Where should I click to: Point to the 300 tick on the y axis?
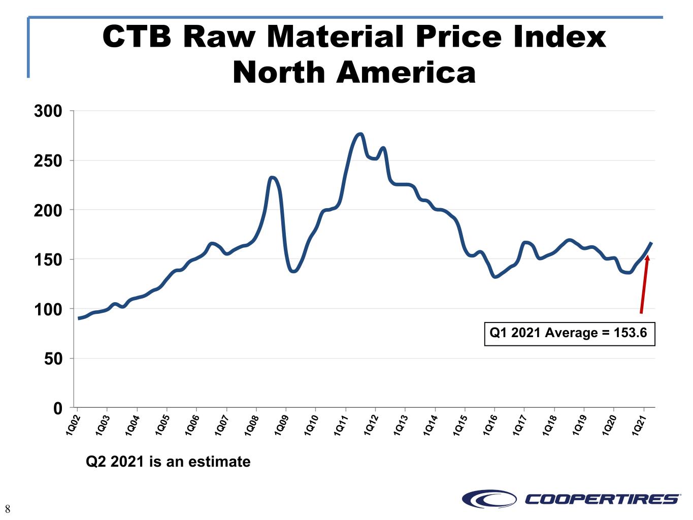[x=48, y=111]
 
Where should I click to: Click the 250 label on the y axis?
[x=48, y=160]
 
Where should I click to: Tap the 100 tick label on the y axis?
[x=48, y=309]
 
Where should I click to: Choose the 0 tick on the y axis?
[x=57, y=408]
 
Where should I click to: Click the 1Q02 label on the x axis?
[x=73, y=425]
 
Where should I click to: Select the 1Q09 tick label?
[x=282, y=425]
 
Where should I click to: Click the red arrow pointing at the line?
[x=644, y=284]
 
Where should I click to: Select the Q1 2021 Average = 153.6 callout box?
[x=570, y=334]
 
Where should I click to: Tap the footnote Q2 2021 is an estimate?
[x=168, y=462]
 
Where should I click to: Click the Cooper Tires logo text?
[x=602, y=499]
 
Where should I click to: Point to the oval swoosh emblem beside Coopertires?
[x=489, y=499]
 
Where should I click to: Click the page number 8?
[x=8, y=509]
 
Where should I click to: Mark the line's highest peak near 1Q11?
[x=360, y=134]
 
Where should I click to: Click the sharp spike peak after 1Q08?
[x=273, y=177]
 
